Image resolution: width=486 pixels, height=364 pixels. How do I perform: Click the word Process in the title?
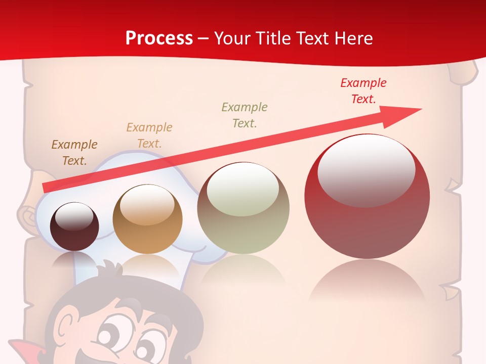point(159,38)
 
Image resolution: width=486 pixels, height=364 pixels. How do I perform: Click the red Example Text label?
point(363,91)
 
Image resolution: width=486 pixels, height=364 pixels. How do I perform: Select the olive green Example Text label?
point(245,115)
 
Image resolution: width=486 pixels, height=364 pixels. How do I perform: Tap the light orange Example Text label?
point(149,135)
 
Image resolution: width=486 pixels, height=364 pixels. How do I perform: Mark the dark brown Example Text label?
point(74,152)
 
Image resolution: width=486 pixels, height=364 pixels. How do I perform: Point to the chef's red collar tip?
point(18,349)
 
